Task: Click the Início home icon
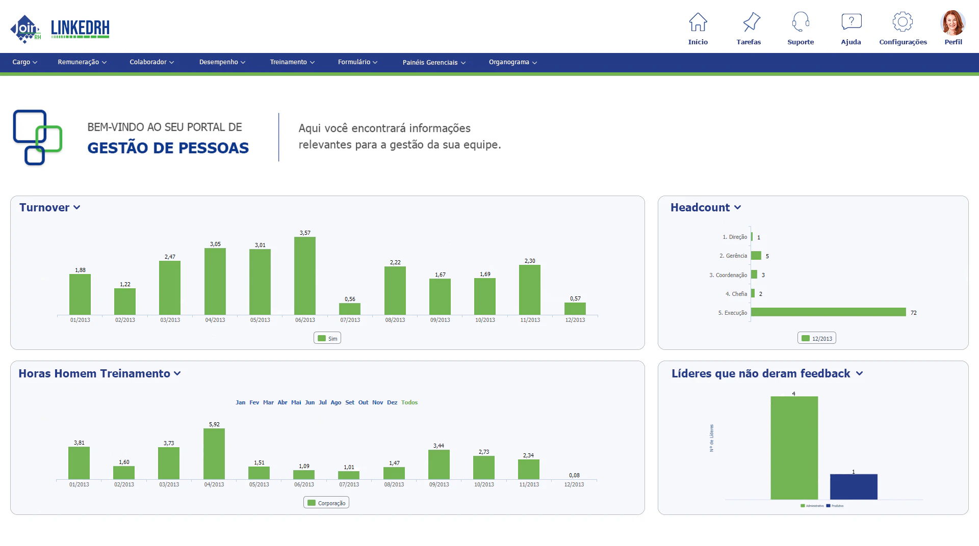(x=698, y=22)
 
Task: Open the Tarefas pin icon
(x=751, y=22)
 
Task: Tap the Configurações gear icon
(x=902, y=22)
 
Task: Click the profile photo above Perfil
(x=952, y=23)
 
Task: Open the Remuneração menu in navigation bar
(x=82, y=62)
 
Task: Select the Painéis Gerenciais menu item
(x=433, y=63)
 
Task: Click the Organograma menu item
(x=512, y=62)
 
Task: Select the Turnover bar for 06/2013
(x=305, y=276)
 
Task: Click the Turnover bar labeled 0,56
(x=350, y=309)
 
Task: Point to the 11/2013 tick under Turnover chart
(x=530, y=320)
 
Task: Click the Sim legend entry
(x=327, y=338)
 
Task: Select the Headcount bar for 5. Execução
(x=828, y=312)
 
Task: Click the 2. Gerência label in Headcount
(x=733, y=256)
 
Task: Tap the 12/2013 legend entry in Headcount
(x=816, y=338)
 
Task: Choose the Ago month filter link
(x=336, y=402)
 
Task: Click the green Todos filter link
(x=409, y=402)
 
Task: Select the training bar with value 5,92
(x=214, y=453)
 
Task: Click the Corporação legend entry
(x=326, y=503)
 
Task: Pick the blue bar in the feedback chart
(x=853, y=486)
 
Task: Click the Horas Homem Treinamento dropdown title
(x=99, y=373)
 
